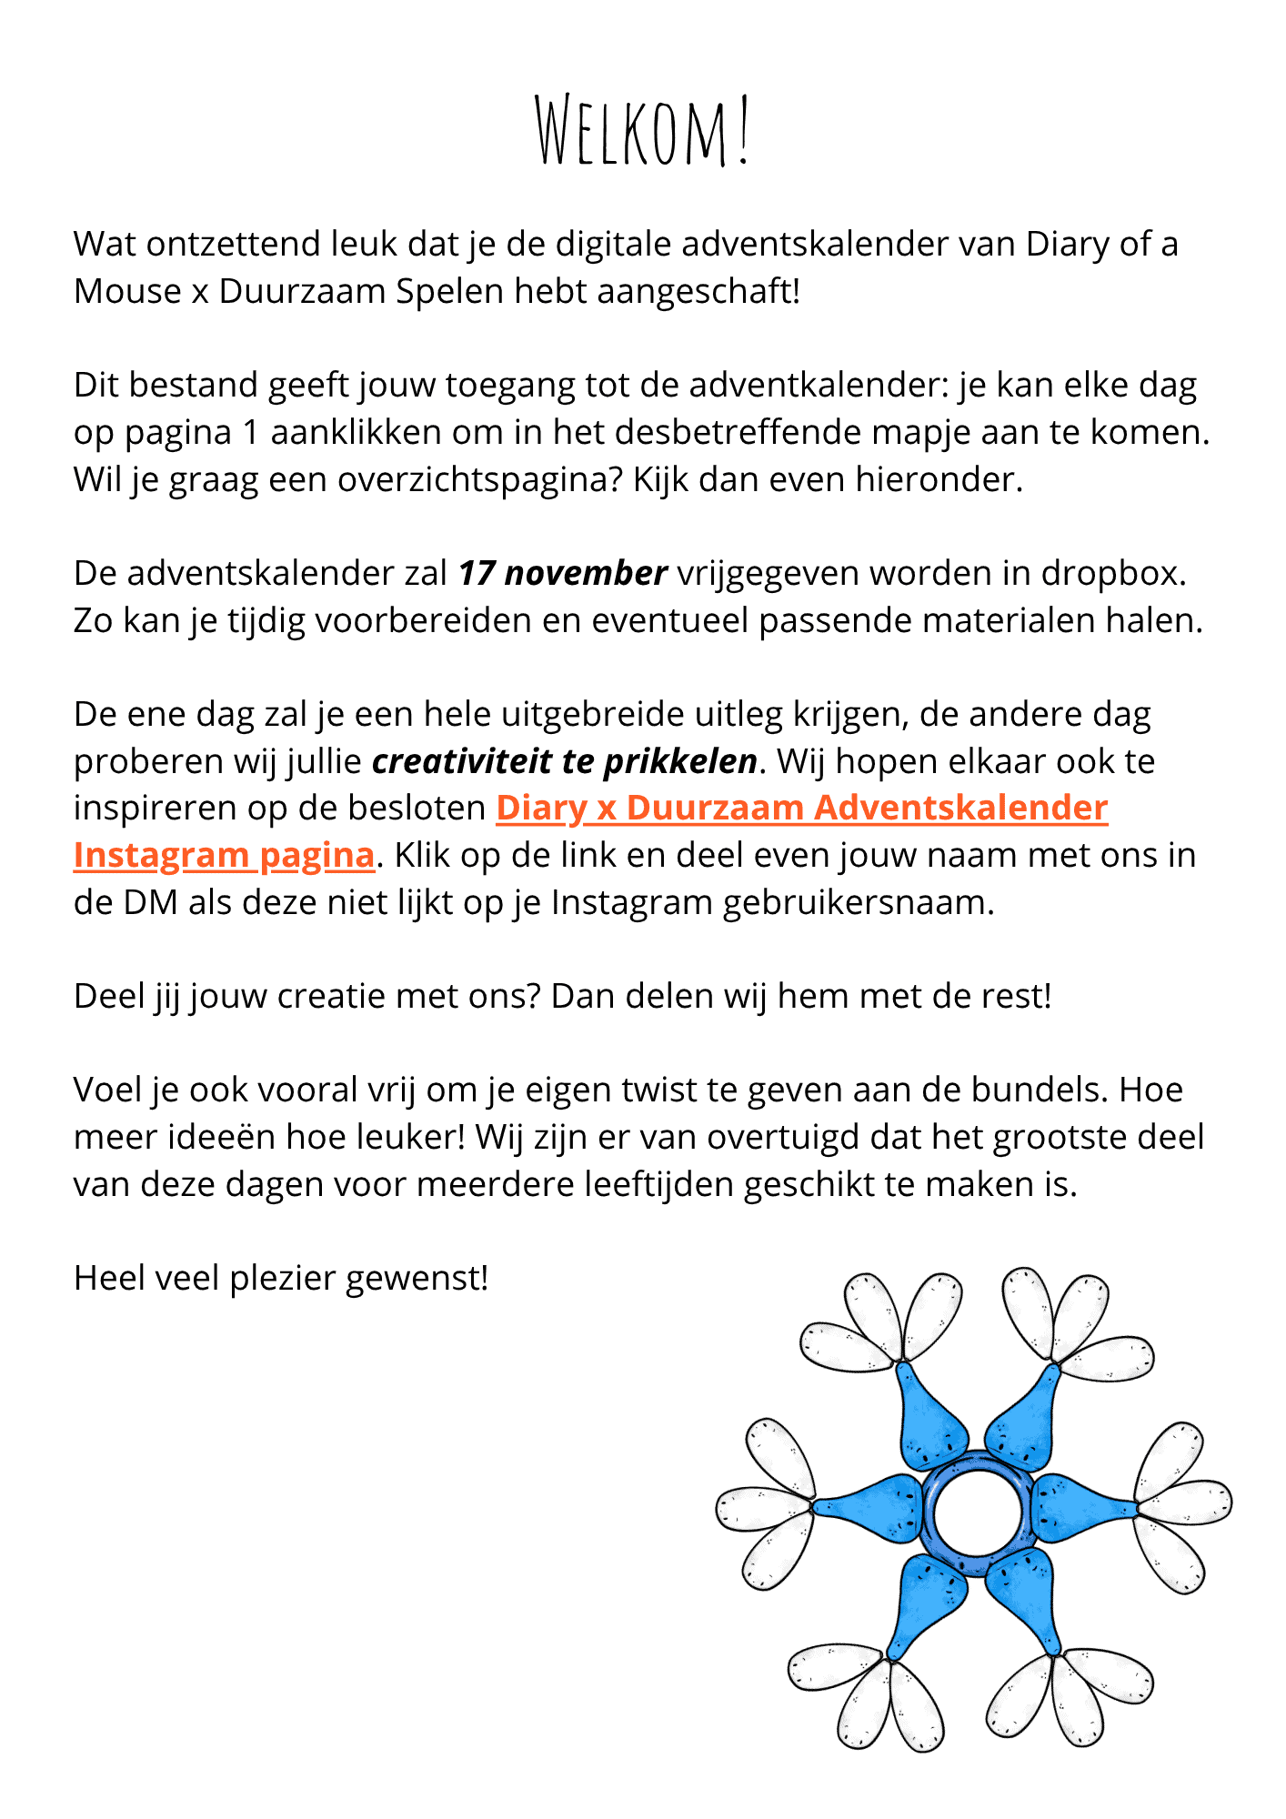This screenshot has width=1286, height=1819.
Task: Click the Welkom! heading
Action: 642,131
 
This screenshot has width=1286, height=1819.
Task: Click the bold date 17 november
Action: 562,574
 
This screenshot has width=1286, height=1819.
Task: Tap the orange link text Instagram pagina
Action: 224,856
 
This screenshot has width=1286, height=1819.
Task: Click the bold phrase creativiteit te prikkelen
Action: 564,761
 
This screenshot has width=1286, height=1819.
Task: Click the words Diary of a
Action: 1101,245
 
